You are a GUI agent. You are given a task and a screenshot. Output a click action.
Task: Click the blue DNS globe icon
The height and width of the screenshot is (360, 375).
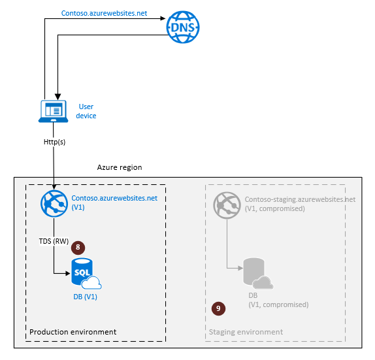183,27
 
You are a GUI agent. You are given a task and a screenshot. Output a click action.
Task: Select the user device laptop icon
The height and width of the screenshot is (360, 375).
54,112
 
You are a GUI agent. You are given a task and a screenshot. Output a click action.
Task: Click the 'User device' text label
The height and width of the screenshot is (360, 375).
86,111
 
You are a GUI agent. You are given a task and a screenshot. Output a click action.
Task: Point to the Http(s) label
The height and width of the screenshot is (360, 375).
54,140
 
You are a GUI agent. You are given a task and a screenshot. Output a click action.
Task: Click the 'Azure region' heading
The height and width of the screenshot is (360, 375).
120,168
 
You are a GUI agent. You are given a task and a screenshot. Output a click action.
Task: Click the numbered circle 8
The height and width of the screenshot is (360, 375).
78,248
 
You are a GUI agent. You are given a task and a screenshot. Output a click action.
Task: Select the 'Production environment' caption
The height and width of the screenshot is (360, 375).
73,332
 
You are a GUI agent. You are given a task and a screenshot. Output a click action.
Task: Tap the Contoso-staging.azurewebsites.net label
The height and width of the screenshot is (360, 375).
300,199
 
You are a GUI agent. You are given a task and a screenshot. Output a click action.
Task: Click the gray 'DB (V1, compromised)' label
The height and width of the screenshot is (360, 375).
278,300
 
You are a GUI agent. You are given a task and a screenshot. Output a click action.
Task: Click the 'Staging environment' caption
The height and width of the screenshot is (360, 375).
246,332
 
